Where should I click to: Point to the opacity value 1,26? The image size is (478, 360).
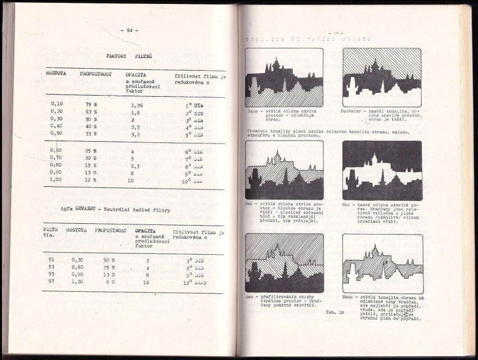coord(137,105)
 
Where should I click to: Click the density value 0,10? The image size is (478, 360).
coord(57,104)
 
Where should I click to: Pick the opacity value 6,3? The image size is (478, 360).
coord(136,166)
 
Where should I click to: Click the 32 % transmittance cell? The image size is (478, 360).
coord(91,134)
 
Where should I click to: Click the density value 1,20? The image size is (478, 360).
coord(78,282)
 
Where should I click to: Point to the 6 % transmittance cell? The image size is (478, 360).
coord(111,282)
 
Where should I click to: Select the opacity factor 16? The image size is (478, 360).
coord(146,282)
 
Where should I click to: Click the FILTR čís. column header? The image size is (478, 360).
coord(52,233)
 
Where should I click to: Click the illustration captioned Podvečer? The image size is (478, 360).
coord(382,77)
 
